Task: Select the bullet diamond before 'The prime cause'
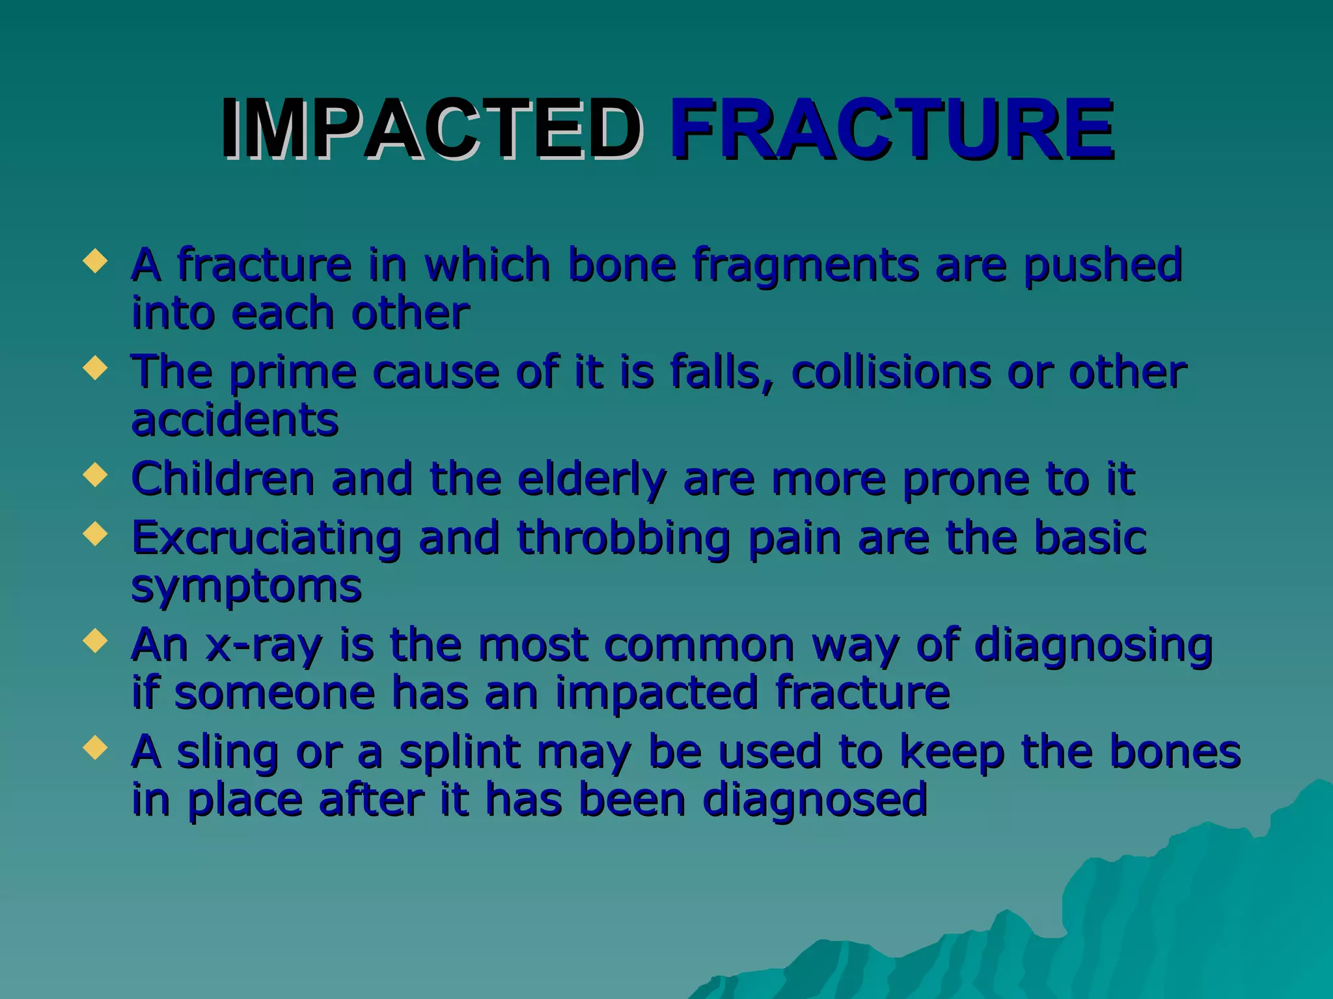(x=95, y=368)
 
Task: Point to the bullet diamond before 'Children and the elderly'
(x=95, y=475)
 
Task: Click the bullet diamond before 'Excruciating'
(x=95, y=535)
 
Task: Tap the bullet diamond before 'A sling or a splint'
(x=95, y=748)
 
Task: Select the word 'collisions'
(x=891, y=372)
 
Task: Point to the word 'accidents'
(x=235, y=420)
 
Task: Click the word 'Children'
(x=223, y=479)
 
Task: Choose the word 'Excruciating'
(x=266, y=540)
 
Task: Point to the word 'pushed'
(x=1102, y=267)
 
